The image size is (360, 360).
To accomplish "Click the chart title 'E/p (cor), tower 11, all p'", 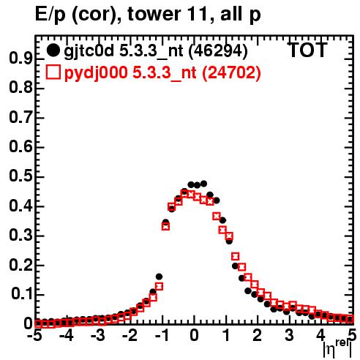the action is click(148, 14).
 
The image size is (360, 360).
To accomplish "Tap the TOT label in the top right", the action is click(308, 50).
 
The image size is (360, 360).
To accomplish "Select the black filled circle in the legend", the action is click(53, 50).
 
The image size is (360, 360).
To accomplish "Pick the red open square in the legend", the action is click(53, 72).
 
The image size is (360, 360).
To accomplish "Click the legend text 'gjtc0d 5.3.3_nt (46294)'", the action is click(156, 51).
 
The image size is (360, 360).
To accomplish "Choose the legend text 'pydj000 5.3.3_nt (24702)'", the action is click(162, 73).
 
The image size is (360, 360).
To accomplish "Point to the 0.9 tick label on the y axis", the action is click(20, 59).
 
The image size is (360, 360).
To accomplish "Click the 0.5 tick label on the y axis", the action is click(20, 177).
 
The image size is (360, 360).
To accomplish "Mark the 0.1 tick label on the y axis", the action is click(23, 295).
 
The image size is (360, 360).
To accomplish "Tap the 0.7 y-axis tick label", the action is click(20, 118).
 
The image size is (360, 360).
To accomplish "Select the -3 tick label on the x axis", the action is click(98, 335).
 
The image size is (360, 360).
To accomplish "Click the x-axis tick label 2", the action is click(258, 335).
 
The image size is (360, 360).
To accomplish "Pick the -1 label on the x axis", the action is click(162, 335).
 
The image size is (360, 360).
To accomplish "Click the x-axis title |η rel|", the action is click(337, 348).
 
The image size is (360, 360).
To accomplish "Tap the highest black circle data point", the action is click(203, 184).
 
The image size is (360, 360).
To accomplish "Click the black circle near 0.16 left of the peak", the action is click(159, 277).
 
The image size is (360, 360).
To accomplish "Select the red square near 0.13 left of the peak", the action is click(159, 286).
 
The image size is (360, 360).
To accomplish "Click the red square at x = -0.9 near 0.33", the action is click(165, 227).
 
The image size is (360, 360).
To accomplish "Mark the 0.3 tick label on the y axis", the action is click(20, 236).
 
